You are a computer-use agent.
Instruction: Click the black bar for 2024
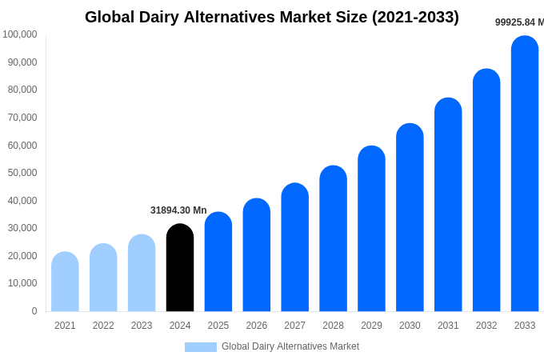(x=180, y=268)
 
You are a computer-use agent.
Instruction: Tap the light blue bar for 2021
(x=65, y=282)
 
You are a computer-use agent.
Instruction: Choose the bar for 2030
(x=410, y=218)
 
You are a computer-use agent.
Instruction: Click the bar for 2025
(x=218, y=262)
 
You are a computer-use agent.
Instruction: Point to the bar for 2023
(x=142, y=273)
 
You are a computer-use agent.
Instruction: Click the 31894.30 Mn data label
(x=178, y=210)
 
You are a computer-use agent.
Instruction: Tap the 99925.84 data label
(x=518, y=22)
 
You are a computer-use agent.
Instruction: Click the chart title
(x=272, y=17)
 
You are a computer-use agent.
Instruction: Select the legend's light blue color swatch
(x=200, y=346)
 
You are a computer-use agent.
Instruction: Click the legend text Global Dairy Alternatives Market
(x=290, y=346)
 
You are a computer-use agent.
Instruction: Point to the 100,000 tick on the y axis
(x=20, y=34)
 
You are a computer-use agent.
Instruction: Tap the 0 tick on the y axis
(x=34, y=311)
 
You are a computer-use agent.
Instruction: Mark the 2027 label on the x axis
(x=294, y=326)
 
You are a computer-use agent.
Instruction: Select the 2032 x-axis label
(x=486, y=326)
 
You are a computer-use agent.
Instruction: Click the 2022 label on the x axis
(x=103, y=326)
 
